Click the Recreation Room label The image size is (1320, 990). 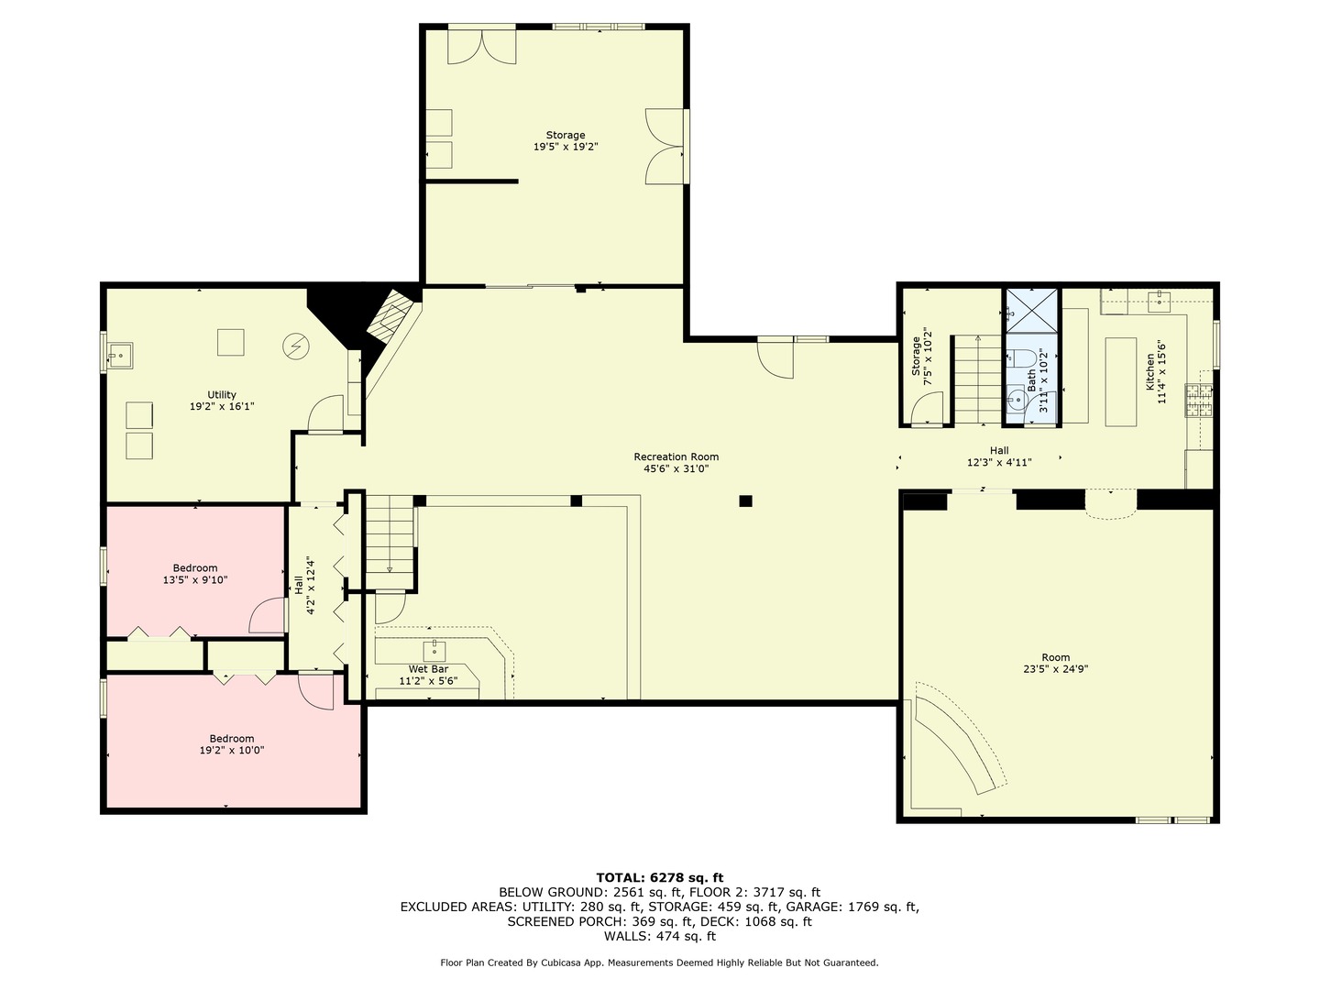tap(676, 462)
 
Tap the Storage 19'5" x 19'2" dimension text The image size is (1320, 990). tap(566, 147)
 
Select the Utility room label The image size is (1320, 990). tap(221, 400)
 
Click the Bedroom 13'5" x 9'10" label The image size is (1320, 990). tap(195, 574)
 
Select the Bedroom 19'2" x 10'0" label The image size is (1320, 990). tap(231, 744)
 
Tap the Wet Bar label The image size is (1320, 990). tap(428, 675)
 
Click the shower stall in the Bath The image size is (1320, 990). tap(1032, 310)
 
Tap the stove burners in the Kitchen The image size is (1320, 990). tap(1199, 401)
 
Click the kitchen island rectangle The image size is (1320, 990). tap(1119, 381)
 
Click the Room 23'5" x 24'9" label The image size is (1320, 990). tap(1055, 663)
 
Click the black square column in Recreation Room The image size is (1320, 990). tap(745, 500)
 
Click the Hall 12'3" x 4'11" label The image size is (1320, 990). tap(998, 456)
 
